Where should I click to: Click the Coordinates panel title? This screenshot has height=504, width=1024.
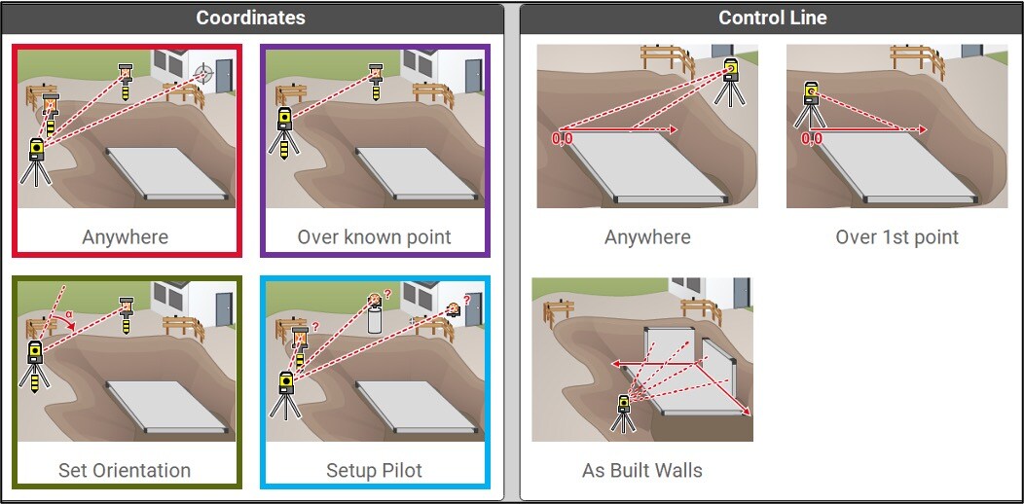pyautogui.click(x=251, y=18)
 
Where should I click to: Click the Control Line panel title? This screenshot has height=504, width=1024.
pyautogui.click(x=773, y=18)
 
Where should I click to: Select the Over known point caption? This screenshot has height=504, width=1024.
pyautogui.click(x=374, y=237)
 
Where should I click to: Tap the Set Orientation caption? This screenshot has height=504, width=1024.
pyautogui.click(x=125, y=470)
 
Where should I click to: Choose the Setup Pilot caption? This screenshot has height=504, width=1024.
pyautogui.click(x=374, y=470)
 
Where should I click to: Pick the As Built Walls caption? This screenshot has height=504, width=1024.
pyautogui.click(x=642, y=470)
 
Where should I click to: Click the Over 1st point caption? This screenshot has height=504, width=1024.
pyautogui.click(x=896, y=237)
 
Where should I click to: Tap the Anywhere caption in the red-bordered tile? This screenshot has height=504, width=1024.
pyautogui.click(x=125, y=237)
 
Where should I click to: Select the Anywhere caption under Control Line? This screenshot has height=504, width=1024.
pyautogui.click(x=647, y=237)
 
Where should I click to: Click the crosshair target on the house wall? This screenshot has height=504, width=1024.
pyautogui.click(x=204, y=70)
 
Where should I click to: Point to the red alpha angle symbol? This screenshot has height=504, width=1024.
pyautogui.click(x=68, y=313)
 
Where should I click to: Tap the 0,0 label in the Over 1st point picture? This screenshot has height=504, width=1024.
pyautogui.click(x=811, y=138)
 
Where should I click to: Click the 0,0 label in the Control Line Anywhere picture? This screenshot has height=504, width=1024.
pyautogui.click(x=563, y=138)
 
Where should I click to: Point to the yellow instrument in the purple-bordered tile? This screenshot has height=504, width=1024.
pyautogui.click(x=285, y=133)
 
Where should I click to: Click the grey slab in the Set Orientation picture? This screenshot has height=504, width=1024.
pyautogui.click(x=167, y=406)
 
